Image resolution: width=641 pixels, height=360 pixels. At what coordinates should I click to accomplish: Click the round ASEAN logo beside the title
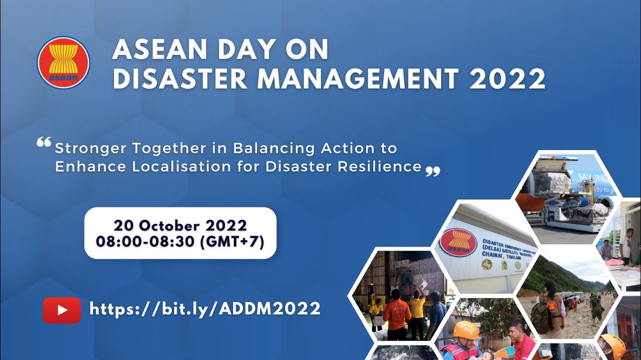click(x=63, y=62)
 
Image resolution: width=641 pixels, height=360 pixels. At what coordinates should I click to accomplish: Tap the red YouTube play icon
click(x=62, y=310)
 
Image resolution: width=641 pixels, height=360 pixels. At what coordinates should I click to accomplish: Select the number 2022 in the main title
click(x=507, y=79)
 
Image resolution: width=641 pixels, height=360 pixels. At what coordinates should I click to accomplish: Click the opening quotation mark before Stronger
click(x=44, y=143)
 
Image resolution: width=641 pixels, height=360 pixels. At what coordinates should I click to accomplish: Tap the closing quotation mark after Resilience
click(x=433, y=172)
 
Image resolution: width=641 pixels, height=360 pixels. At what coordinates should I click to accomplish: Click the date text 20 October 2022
click(x=180, y=225)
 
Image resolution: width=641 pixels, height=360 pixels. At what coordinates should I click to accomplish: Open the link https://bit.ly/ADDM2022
click(x=205, y=308)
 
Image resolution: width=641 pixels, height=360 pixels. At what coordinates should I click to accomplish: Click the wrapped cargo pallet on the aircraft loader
click(x=553, y=183)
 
